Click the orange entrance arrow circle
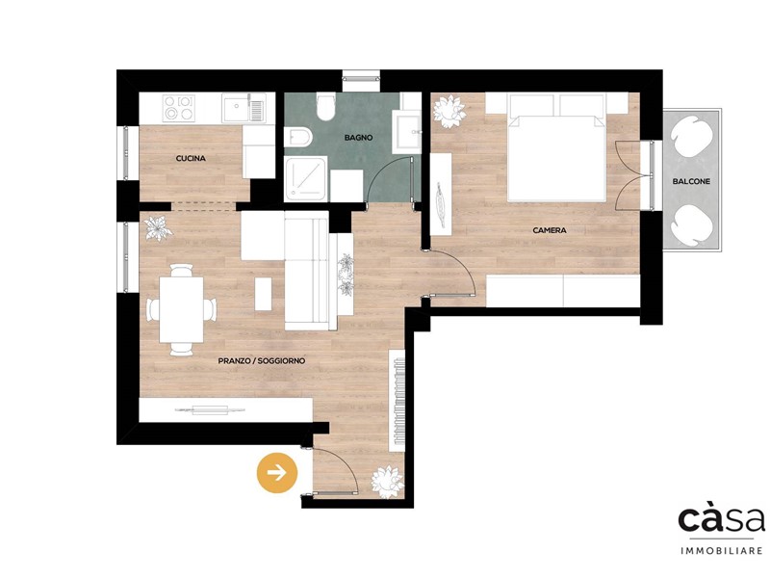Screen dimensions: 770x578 click(x=277, y=473)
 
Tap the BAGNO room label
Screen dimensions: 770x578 click(x=358, y=138)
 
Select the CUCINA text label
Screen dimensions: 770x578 click(x=191, y=159)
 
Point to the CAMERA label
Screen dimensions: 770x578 click(x=550, y=230)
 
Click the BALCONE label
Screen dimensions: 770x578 click(x=691, y=181)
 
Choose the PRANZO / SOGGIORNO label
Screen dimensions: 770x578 click(x=262, y=360)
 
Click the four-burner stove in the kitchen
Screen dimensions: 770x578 click(x=179, y=108)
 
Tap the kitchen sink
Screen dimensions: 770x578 click(x=244, y=108)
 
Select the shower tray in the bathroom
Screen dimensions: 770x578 click(x=306, y=179)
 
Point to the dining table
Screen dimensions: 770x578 click(x=181, y=309)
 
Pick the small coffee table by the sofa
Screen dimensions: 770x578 click(x=263, y=294)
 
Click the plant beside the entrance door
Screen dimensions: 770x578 click(x=388, y=481)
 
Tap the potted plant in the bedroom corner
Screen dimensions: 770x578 click(x=449, y=112)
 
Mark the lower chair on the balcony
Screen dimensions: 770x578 click(x=692, y=223)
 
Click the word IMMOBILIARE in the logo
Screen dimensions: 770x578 click(x=721, y=551)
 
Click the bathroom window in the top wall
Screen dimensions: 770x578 click(x=361, y=77)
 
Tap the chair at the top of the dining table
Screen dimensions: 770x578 click(x=181, y=271)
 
